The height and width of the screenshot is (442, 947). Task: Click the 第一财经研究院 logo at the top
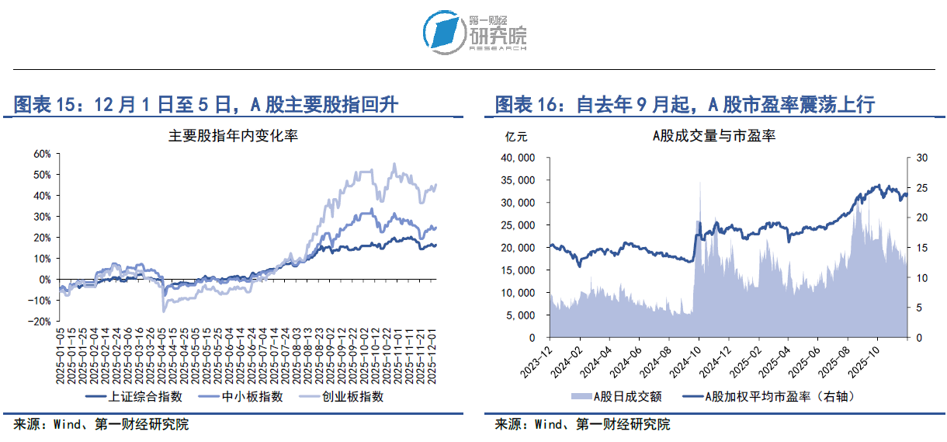click(475, 32)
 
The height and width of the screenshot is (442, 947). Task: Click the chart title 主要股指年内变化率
click(233, 135)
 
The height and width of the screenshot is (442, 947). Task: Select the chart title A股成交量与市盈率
click(714, 135)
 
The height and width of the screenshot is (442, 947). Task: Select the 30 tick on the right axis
click(921, 158)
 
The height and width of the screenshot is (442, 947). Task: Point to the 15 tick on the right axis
click(921, 248)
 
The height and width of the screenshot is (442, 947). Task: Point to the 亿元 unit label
click(516, 137)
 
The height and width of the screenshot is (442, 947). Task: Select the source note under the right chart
click(582, 424)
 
